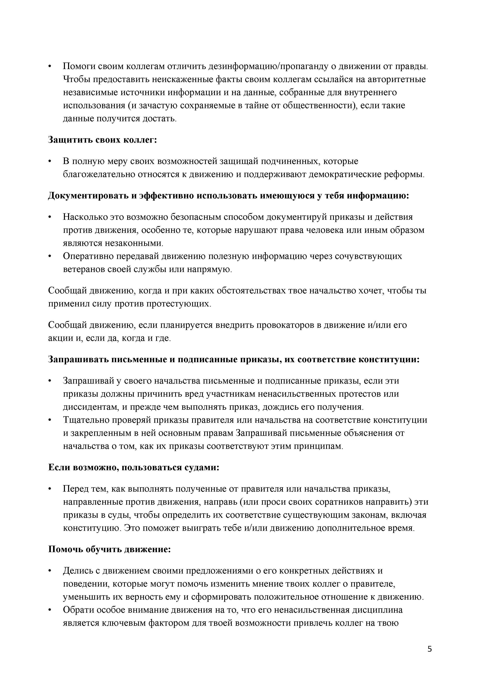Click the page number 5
[x=430, y=649]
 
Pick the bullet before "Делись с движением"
[x=50, y=571]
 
